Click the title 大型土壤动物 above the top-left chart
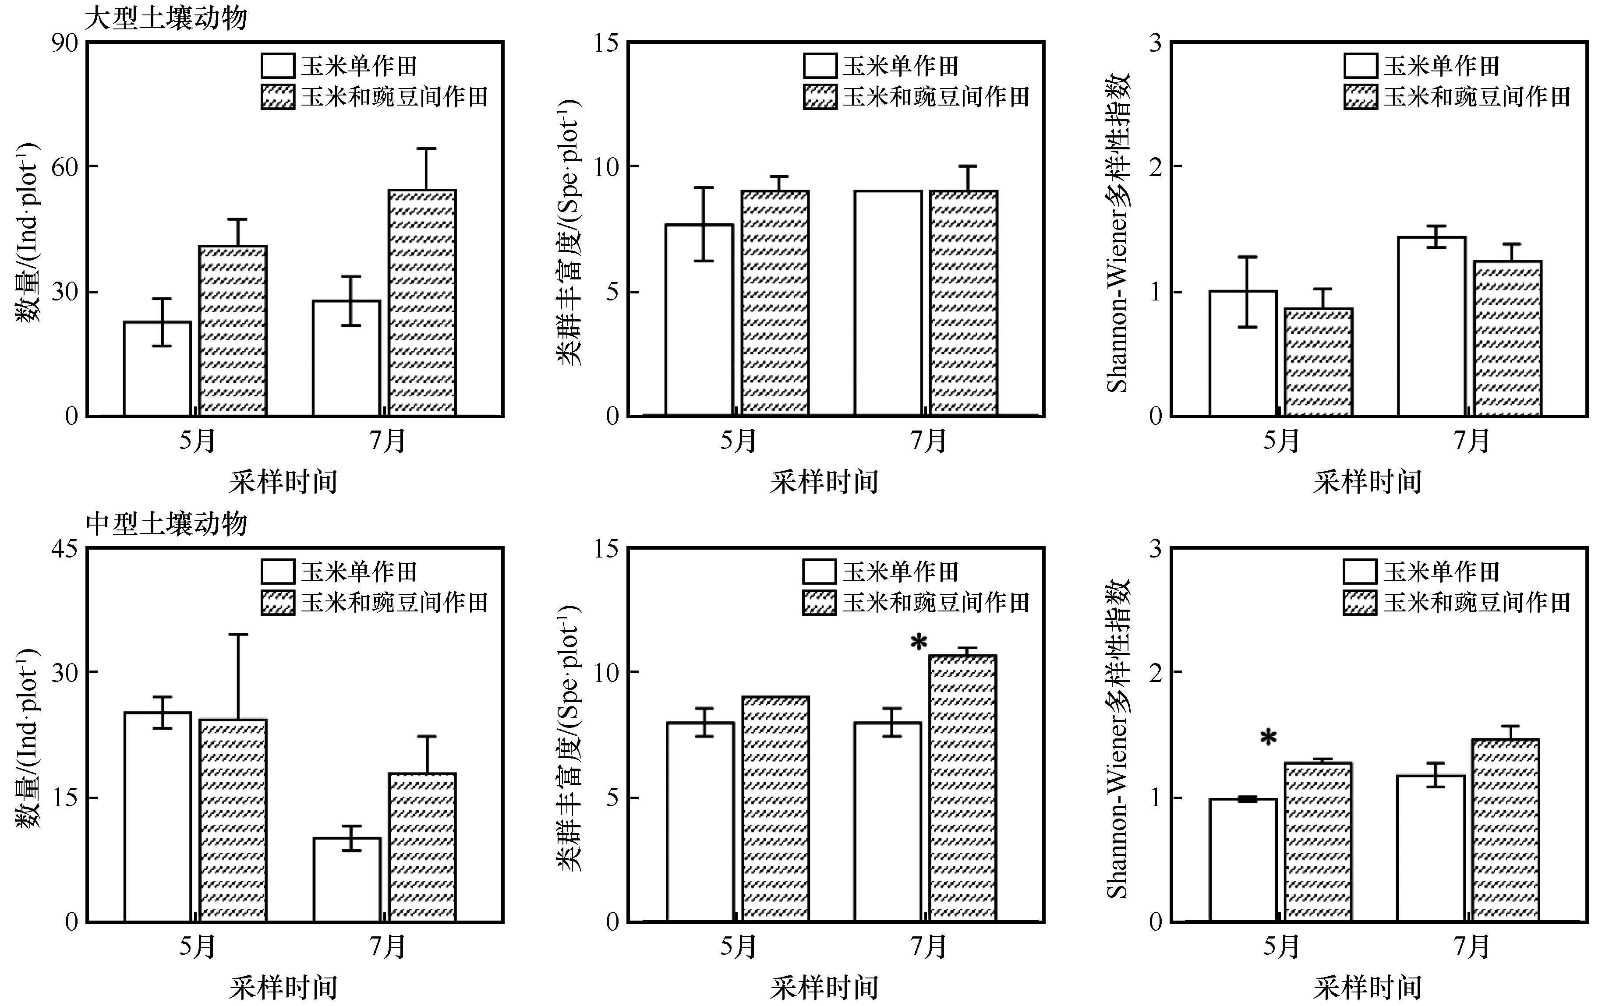[x=166, y=18]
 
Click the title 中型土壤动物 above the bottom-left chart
[x=166, y=524]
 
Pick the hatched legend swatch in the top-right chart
[x=1361, y=97]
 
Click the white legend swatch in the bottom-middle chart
[x=819, y=572]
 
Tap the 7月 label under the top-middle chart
[x=929, y=441]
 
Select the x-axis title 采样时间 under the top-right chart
[x=1367, y=482]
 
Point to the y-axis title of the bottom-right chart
[x=1118, y=738]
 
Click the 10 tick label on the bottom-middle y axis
[x=605, y=672]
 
